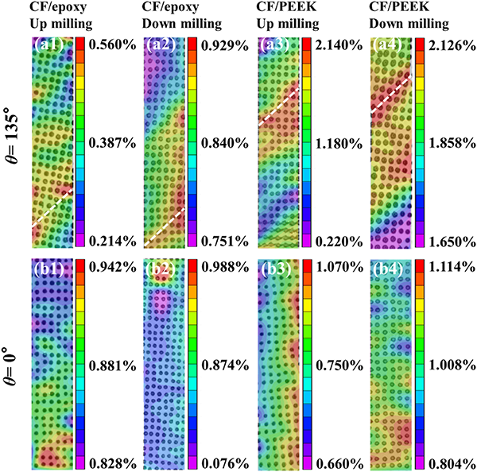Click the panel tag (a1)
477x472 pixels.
pyautogui.click(x=47, y=45)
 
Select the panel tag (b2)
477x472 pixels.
pyautogui.click(x=160, y=268)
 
